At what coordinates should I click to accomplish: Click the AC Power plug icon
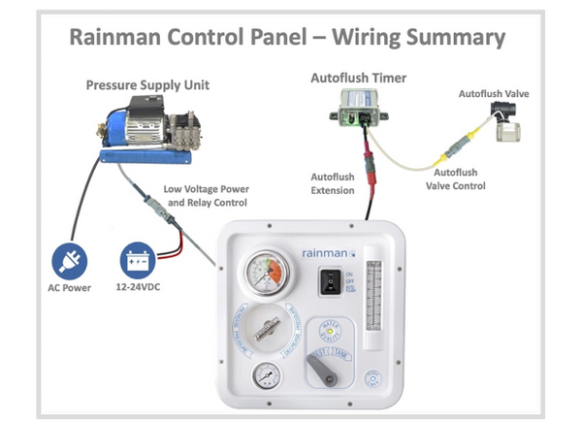71,260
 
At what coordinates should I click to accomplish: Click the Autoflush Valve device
505,119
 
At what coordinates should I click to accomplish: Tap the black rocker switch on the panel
331,280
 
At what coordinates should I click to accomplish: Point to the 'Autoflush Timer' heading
358,77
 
